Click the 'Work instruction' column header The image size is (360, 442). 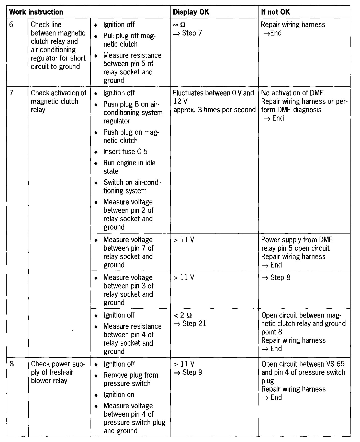tap(36, 12)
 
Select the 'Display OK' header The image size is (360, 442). tap(191, 12)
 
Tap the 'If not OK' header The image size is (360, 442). tap(275, 12)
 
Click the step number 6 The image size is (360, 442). tap(11, 25)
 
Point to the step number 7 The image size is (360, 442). tap(11, 93)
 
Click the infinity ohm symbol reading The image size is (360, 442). tap(179, 25)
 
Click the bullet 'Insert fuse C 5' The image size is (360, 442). tap(125, 152)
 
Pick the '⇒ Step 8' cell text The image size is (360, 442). tap(276, 277)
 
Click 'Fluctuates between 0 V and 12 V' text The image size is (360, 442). tap(213, 97)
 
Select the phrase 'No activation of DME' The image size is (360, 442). tap(292, 93)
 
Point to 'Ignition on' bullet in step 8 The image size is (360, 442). tap(119, 395)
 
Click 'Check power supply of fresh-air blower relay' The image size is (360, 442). tap(58, 372)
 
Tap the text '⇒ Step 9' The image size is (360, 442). tap(188, 372)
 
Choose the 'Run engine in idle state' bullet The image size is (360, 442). tap(129, 167)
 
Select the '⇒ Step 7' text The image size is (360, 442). tap(188, 33)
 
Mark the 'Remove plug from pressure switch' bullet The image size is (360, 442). tap(130, 379)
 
